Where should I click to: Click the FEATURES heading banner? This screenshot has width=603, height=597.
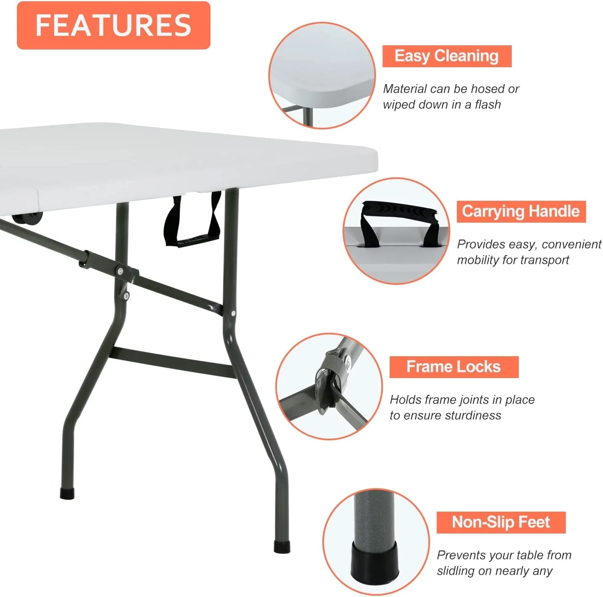[x=114, y=25]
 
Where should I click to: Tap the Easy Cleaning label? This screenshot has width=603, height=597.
[x=447, y=56]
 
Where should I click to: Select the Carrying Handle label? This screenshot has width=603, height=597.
[x=521, y=212]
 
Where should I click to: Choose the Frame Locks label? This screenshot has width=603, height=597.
[x=454, y=367]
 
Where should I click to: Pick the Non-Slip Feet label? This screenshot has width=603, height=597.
[x=501, y=522]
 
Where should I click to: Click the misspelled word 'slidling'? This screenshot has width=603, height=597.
[x=456, y=571]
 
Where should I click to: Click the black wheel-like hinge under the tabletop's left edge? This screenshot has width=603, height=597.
[x=27, y=219]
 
